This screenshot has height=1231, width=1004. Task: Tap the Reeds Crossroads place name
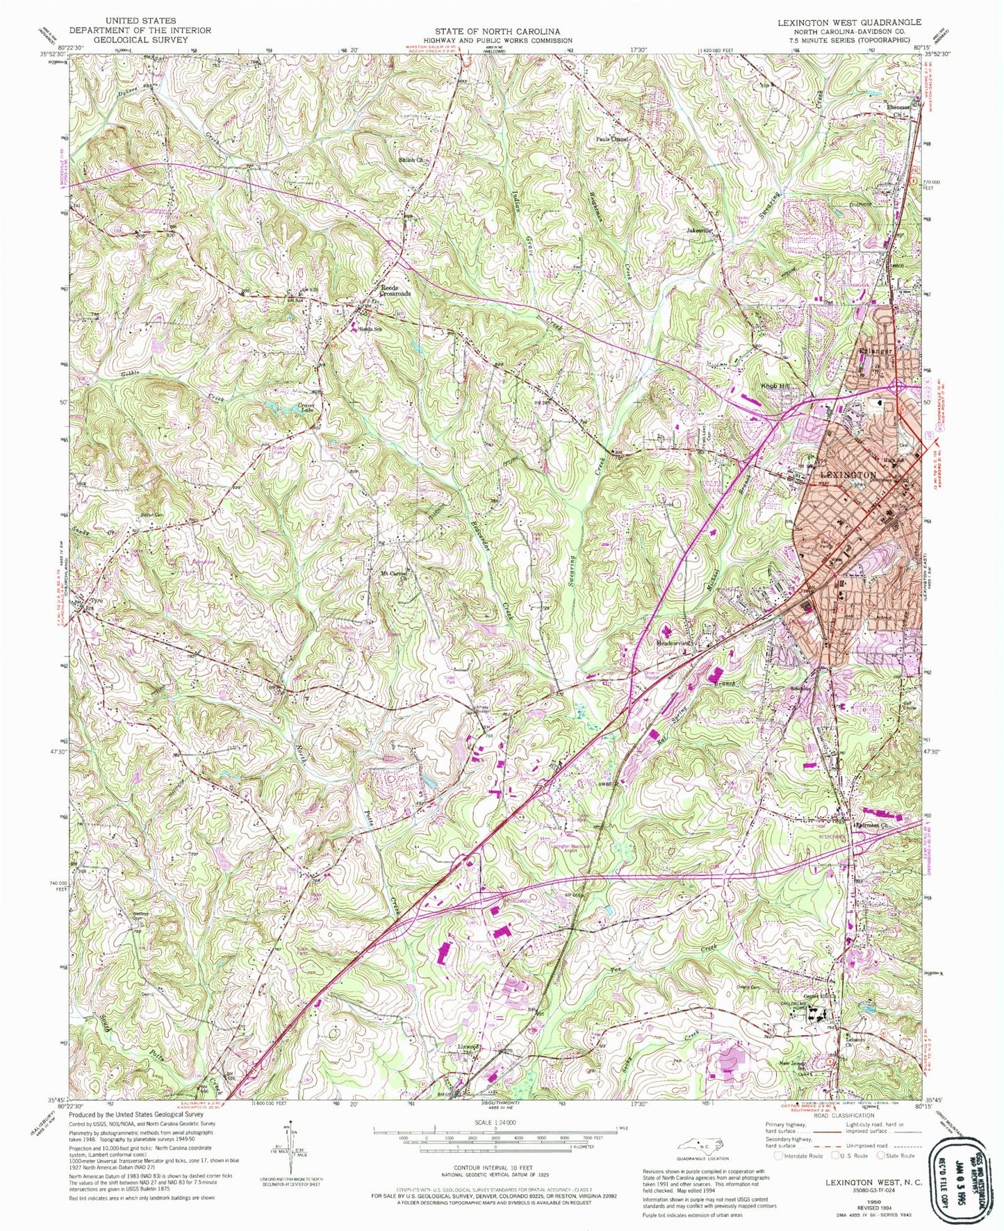pos(395,290)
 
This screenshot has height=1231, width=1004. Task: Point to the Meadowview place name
pos(673,643)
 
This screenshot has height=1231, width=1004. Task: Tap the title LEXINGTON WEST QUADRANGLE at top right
pos(849,22)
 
